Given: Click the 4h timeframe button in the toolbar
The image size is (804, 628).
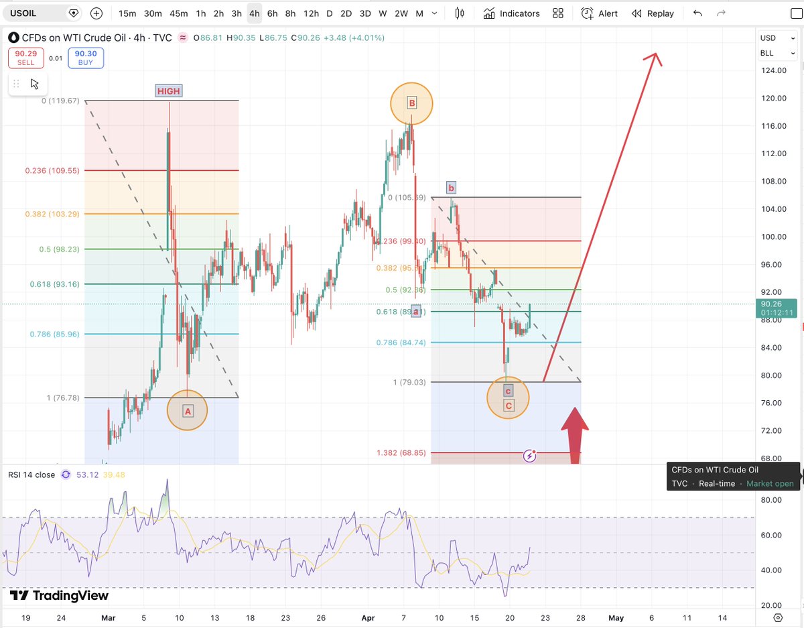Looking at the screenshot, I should [x=254, y=13].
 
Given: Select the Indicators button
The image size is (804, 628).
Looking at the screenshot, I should [x=511, y=13].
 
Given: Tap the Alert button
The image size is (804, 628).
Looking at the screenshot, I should [x=600, y=13].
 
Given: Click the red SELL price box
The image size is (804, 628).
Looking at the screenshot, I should [x=25, y=58].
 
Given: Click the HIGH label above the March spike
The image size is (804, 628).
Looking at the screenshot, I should [x=169, y=91].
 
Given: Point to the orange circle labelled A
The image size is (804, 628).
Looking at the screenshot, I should [x=188, y=410].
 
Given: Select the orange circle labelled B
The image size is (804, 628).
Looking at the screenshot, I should [x=412, y=103].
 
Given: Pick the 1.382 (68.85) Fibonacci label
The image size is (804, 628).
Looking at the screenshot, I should [x=401, y=453].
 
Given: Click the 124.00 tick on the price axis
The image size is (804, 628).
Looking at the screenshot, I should [x=774, y=70].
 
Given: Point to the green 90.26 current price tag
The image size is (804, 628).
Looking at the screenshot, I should [x=776, y=307].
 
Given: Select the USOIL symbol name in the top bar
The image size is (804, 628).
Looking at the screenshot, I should [x=23, y=13].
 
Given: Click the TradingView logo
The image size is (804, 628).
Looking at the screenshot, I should [x=59, y=595].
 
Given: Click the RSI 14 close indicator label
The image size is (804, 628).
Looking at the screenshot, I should [x=31, y=475].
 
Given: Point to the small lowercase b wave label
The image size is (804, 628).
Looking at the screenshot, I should [x=452, y=188].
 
